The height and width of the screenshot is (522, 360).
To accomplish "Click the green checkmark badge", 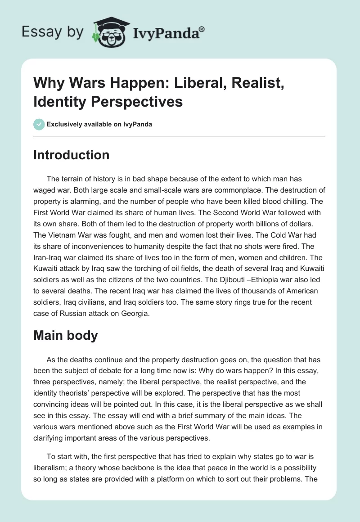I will pyautogui.click(x=39, y=125).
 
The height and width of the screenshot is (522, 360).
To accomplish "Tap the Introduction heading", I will pyautogui.click(x=72, y=155).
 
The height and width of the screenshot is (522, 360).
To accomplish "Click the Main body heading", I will pyautogui.click(x=66, y=336).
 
